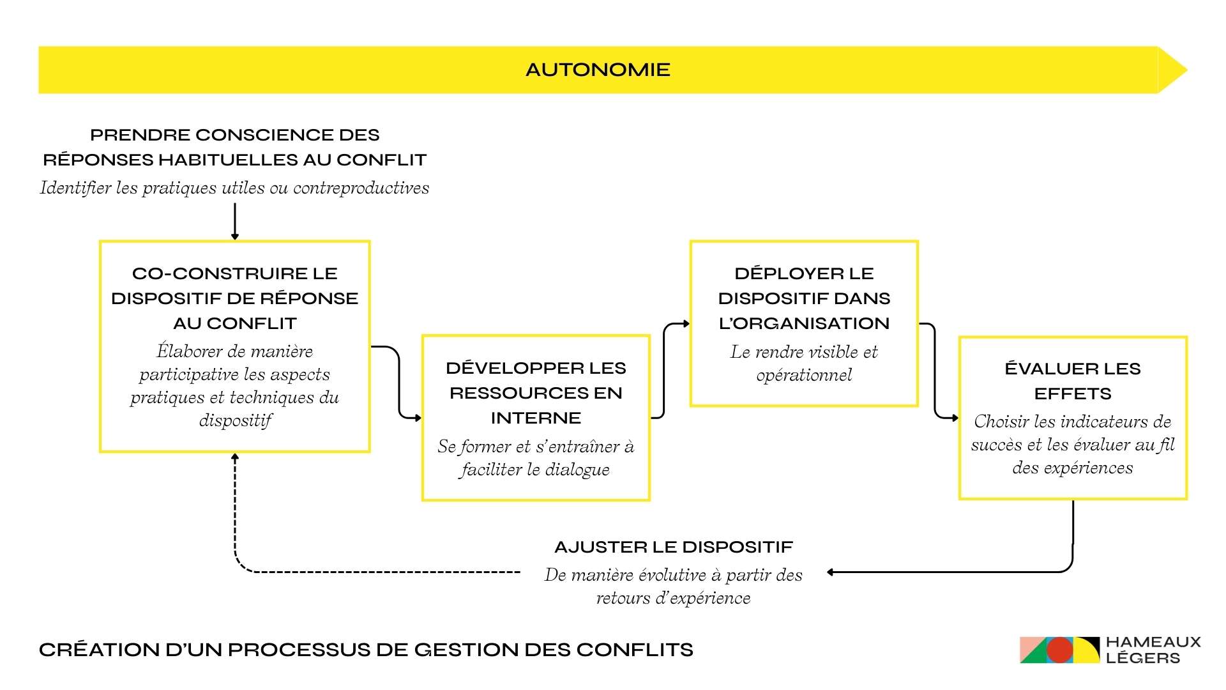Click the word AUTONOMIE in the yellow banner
tap(598, 70)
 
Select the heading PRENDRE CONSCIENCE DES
tap(234, 135)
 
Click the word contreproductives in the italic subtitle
tap(361, 188)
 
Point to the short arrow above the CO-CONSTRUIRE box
tap(235, 221)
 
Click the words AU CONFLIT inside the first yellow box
tap(235, 323)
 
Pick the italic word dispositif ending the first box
tap(235, 420)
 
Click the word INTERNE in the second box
tap(536, 418)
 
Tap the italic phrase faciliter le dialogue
tap(534, 470)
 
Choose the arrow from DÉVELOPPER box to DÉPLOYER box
tap(664, 371)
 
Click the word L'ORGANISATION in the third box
tap(804, 323)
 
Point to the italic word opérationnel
tap(804, 375)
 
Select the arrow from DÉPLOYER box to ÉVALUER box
tap(935, 371)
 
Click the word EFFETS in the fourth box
tap(1073, 394)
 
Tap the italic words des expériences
tap(1073, 468)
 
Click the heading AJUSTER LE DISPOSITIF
tap(674, 547)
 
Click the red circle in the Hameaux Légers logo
tap(1059, 650)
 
